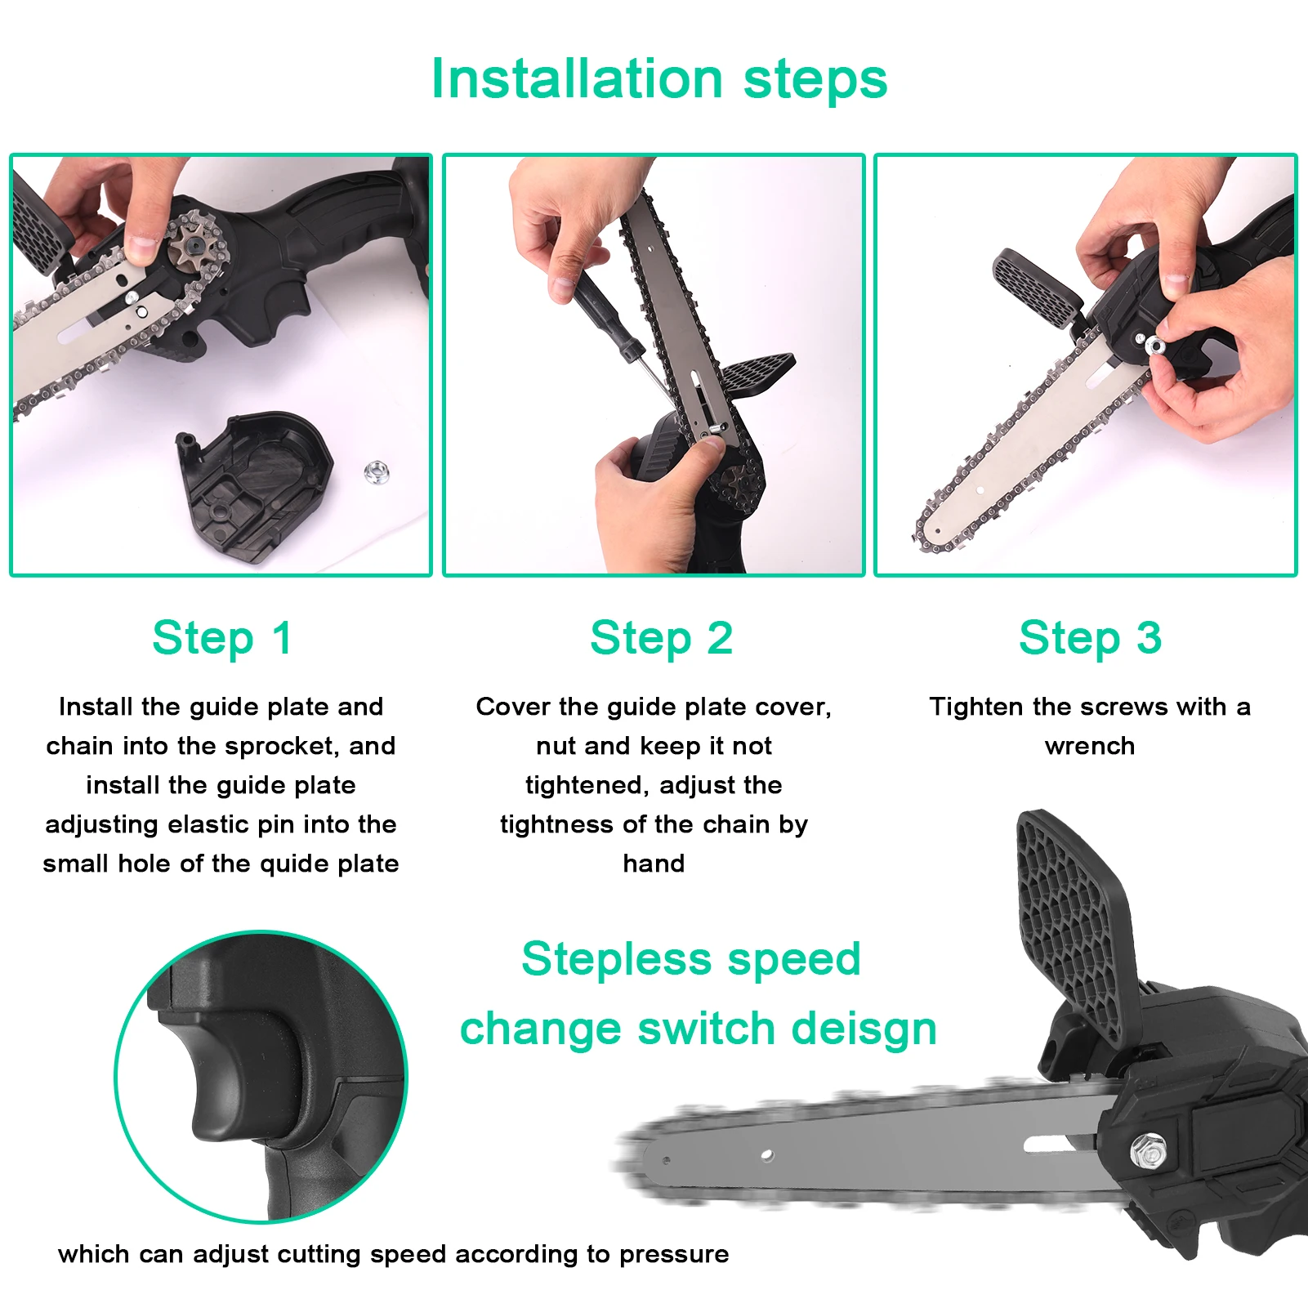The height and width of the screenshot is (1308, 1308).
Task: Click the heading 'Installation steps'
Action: click(x=658, y=79)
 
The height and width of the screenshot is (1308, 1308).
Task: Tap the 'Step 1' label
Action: click(x=221, y=638)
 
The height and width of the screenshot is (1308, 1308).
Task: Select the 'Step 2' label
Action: click(x=661, y=638)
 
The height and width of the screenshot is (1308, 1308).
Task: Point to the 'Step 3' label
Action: click(x=1089, y=638)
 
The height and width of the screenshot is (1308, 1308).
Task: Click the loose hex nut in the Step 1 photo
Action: click(x=375, y=471)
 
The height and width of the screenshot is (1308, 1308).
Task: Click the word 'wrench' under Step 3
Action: click(x=1089, y=746)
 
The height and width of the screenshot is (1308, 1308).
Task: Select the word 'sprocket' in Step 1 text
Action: click(x=282, y=746)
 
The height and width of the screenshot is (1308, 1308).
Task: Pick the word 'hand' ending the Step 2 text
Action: click(x=654, y=864)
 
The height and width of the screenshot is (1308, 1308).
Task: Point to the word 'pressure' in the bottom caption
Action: click(x=673, y=1254)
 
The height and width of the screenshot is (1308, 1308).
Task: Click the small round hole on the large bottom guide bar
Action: click(x=766, y=1154)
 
